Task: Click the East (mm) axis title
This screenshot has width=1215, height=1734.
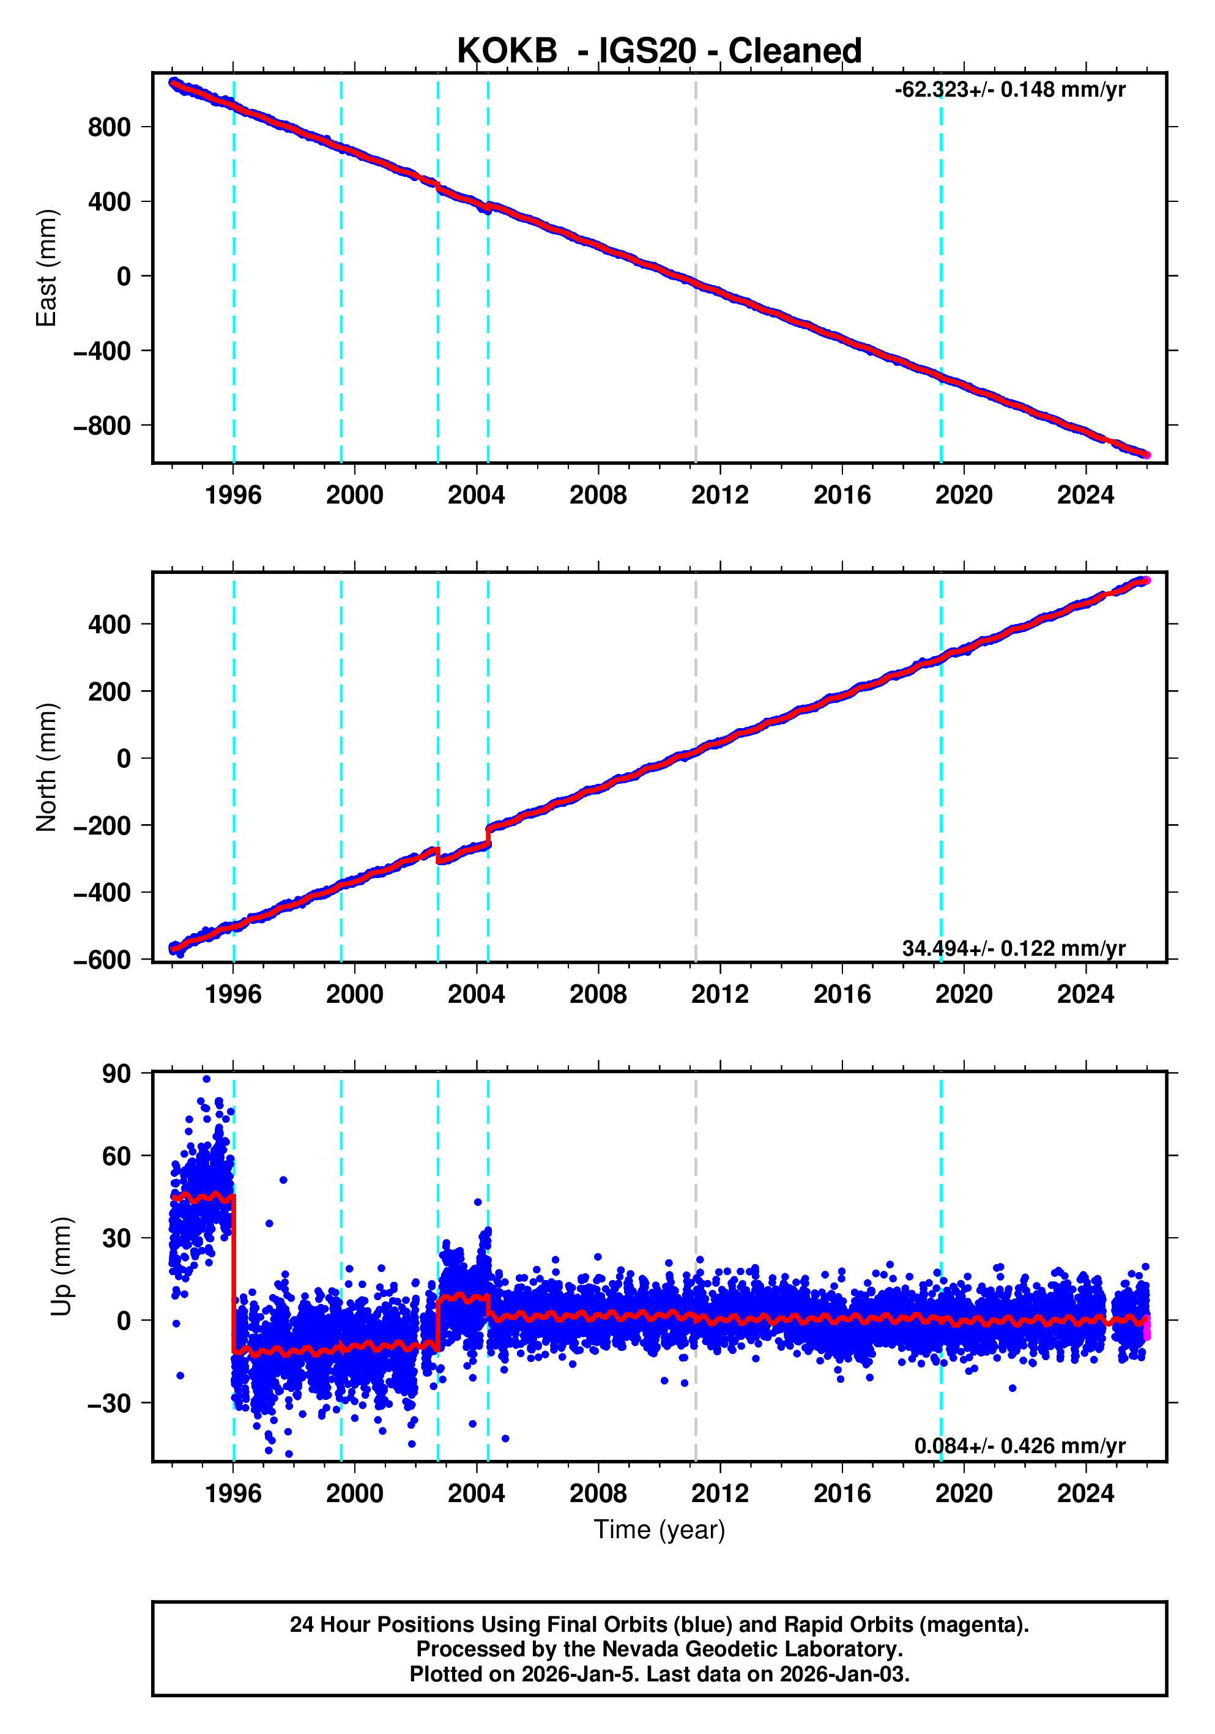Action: coord(47,268)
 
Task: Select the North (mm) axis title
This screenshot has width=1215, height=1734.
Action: coord(47,767)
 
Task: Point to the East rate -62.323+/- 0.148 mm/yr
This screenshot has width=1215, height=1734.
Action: coord(1009,90)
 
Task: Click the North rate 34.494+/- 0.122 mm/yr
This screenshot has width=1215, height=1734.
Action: coord(1012,948)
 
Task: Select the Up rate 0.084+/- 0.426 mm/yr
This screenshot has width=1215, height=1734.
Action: coord(1019,1445)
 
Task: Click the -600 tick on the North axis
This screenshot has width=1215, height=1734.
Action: coord(103,960)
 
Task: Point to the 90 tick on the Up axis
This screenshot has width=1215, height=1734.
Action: coord(116,1074)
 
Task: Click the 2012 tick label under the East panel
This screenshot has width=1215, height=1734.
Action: coord(719,496)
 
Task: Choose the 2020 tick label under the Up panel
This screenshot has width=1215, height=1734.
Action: coord(964,1493)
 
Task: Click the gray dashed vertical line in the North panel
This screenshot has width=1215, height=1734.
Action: coord(696,767)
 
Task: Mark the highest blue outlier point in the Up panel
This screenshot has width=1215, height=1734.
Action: coord(206,1079)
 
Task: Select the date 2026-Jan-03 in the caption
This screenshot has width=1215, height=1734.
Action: coord(844,1674)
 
